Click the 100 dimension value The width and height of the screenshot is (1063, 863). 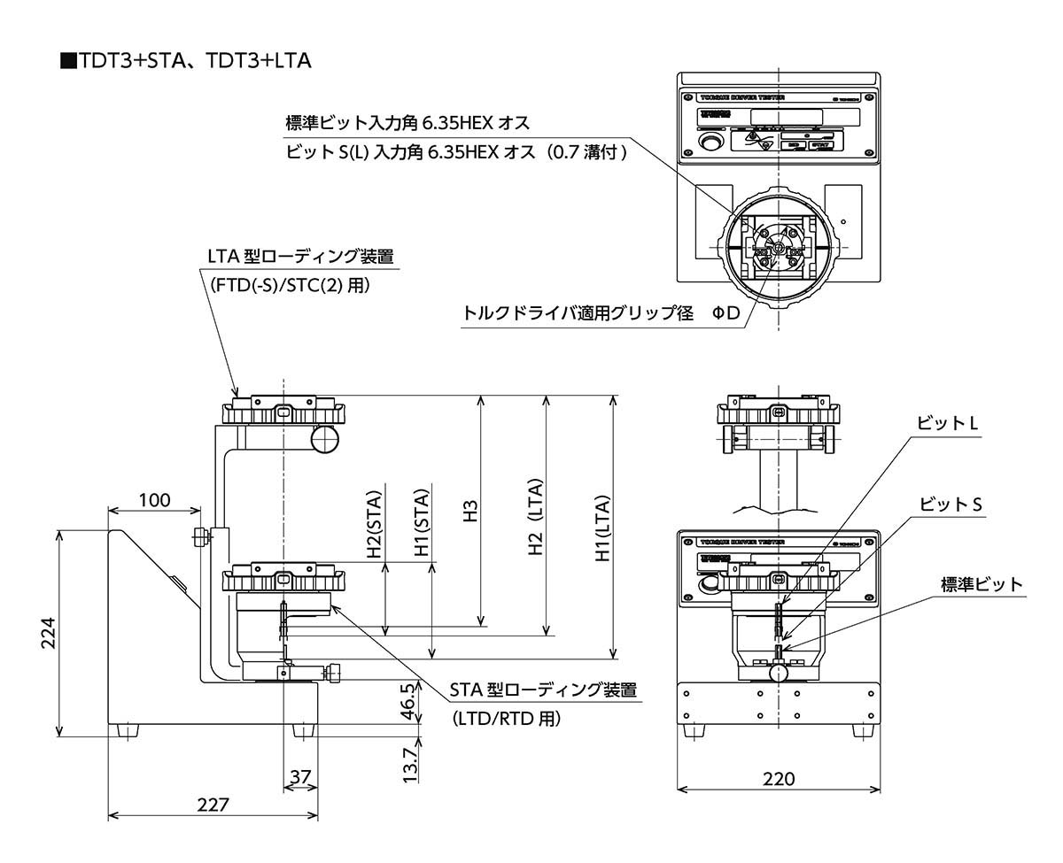pyautogui.click(x=154, y=500)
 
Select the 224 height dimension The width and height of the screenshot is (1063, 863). pyautogui.click(x=50, y=633)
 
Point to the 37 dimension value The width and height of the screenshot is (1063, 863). pyautogui.click(x=301, y=776)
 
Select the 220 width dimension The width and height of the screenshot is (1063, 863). pyautogui.click(x=778, y=779)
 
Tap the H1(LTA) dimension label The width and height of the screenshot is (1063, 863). pyautogui.click(x=603, y=528)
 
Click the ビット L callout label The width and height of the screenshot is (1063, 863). pyautogui.click(x=947, y=424)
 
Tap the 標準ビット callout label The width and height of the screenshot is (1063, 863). pyautogui.click(x=982, y=584)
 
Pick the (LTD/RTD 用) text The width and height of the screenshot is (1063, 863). pyautogui.click(x=506, y=719)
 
